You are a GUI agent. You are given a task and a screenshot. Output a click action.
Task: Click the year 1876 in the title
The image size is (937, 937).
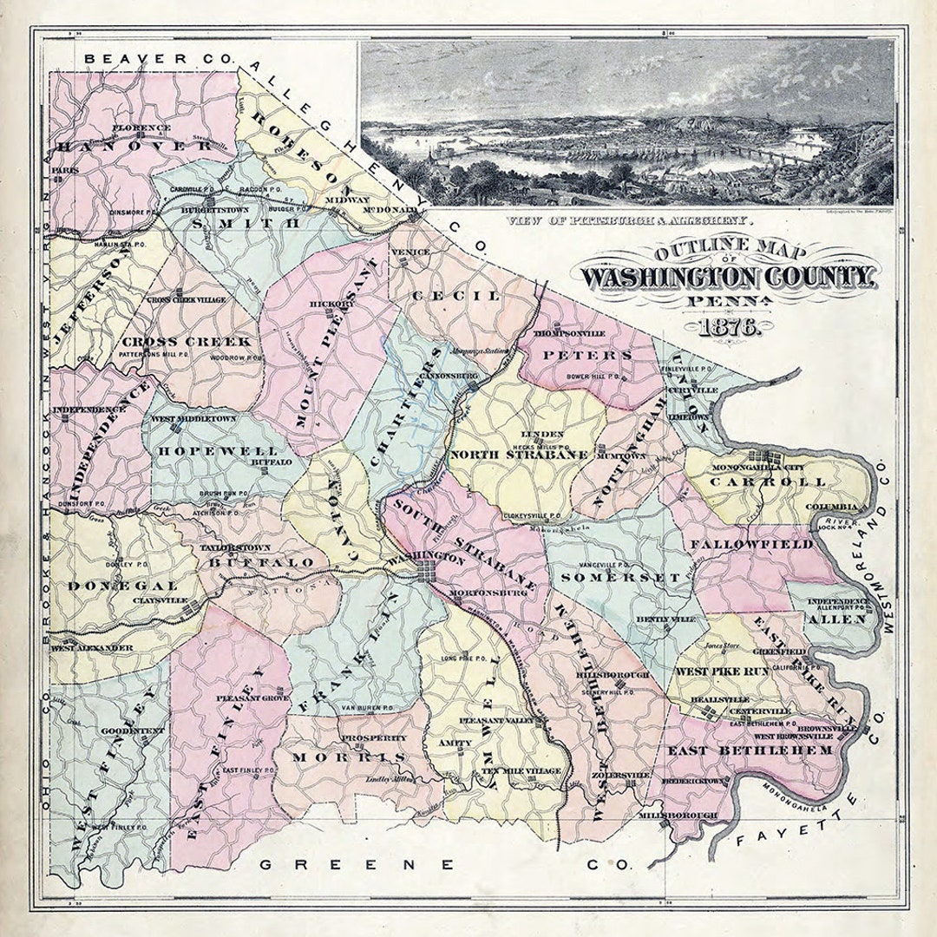click(727, 329)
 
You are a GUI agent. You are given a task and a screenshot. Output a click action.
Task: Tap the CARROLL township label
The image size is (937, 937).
click(778, 482)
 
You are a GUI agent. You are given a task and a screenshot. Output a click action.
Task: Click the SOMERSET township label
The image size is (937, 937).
click(620, 577)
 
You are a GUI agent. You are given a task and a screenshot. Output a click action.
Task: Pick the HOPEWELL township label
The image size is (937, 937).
click(217, 451)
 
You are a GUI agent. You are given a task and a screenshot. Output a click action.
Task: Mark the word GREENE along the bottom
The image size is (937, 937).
click(357, 864)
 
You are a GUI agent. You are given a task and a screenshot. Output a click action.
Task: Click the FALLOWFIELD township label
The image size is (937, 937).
click(751, 544)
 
